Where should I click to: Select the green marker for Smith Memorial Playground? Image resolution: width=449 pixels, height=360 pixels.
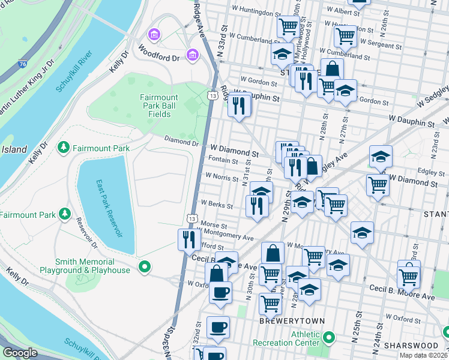[x=143, y=267]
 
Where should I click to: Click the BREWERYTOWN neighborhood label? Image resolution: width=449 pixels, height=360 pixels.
[x=283, y=321]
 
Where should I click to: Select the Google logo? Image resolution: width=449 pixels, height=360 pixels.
[x=20, y=353]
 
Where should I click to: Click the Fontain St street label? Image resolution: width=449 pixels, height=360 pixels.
[x=223, y=160]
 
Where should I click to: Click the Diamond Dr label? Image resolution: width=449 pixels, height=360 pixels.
[x=182, y=143]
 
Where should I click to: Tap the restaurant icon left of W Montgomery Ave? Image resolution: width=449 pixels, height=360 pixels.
[x=189, y=239]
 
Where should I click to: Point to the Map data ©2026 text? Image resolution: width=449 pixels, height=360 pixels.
[x=424, y=355]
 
